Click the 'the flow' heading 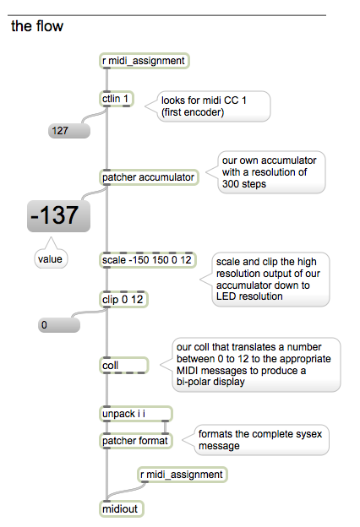[x=37, y=26]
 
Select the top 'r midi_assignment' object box [x=145, y=61]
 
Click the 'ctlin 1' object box [x=117, y=99]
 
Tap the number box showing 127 [x=69, y=130]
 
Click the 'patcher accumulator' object [x=149, y=177]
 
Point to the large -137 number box [x=58, y=216]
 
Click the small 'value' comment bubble [x=51, y=258]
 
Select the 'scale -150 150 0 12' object [x=148, y=260]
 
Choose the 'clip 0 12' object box [x=123, y=299]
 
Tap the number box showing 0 [x=59, y=325]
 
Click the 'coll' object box [x=124, y=366]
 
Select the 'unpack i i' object [x=136, y=414]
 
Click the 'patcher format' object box [x=136, y=441]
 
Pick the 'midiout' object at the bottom [x=122, y=509]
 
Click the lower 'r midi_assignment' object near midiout [x=183, y=475]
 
